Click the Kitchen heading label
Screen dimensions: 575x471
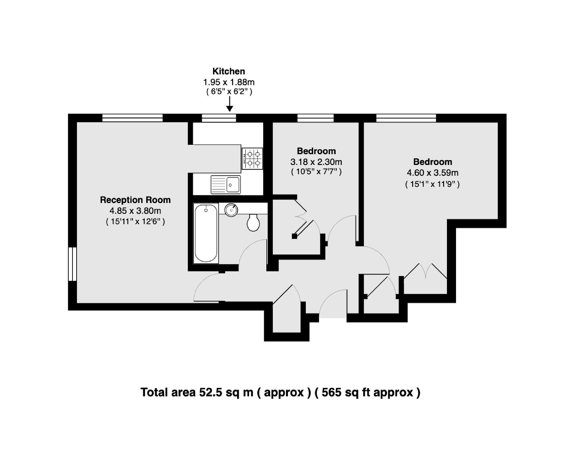tap(229, 71)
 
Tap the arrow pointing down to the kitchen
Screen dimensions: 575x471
tap(230, 104)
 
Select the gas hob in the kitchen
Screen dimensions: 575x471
tap(252, 159)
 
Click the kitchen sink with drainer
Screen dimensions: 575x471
tap(225, 185)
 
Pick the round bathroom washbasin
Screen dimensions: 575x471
tap(231, 210)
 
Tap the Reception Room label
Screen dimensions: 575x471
tap(135, 200)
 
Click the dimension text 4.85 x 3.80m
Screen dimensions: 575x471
tap(135, 211)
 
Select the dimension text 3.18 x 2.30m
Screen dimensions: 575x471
tap(316, 162)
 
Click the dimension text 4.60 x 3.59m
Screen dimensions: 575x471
tap(432, 173)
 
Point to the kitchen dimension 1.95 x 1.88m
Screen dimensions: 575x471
tap(229, 82)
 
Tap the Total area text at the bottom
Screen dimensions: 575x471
tap(280, 392)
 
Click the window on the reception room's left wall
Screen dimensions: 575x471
tap(72, 264)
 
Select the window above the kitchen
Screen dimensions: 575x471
tap(219, 118)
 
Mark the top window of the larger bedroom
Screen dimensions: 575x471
tap(406, 118)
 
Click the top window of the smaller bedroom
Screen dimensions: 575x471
tap(315, 118)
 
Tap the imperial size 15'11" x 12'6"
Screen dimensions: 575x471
tap(135, 221)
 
